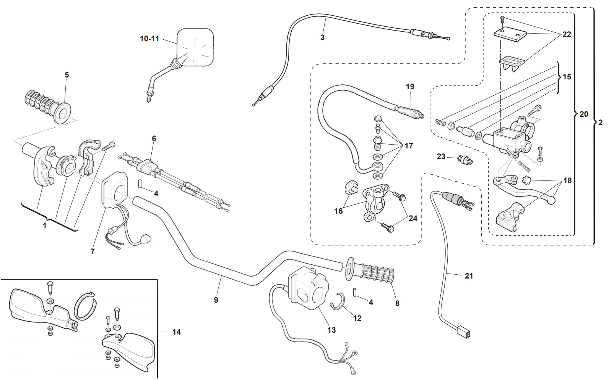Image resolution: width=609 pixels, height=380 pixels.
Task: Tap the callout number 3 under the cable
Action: [x=322, y=37]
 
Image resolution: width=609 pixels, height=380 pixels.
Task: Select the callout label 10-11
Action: [x=149, y=39]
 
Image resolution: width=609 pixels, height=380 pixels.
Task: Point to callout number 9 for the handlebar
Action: [x=216, y=300]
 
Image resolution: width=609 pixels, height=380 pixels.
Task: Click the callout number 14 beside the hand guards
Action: [x=176, y=332]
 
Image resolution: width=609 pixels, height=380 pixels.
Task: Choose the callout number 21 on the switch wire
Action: [x=469, y=275]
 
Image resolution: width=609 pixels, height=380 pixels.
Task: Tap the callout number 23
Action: [x=441, y=156]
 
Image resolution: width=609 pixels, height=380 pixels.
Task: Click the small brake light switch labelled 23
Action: [x=464, y=160]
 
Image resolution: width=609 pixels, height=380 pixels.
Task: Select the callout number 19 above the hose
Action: [x=410, y=87]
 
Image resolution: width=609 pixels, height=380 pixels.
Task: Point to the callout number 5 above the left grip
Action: [x=67, y=75]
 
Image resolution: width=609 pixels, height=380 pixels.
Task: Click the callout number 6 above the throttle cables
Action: [x=154, y=138]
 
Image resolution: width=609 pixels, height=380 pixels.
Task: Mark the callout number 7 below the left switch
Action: [x=93, y=251]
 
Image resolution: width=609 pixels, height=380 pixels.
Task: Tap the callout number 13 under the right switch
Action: [x=331, y=330]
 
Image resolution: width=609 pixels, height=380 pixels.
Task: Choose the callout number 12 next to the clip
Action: [x=357, y=318]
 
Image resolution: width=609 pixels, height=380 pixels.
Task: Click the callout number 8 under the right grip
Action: [x=397, y=303]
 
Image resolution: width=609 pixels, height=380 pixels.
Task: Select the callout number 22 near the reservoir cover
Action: [x=567, y=34]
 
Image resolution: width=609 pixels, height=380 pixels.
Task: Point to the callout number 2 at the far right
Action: [x=600, y=122]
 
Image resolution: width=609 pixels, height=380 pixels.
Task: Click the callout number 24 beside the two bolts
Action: [x=412, y=219]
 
